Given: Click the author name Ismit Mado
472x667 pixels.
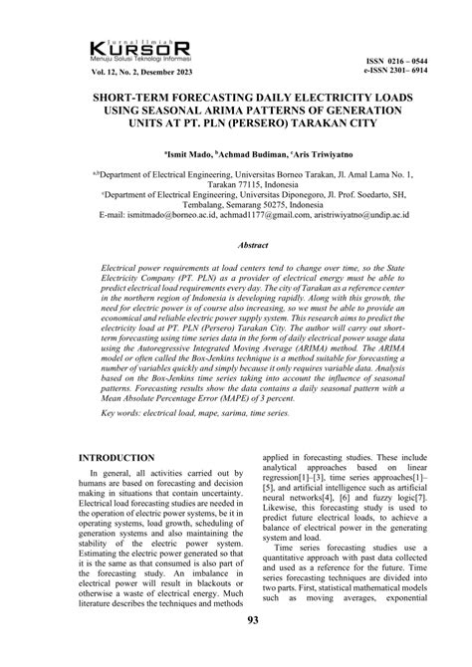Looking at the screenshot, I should point(184,154).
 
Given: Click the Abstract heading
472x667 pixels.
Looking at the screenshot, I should point(235,243).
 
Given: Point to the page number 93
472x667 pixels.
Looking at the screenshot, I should point(236,650).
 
